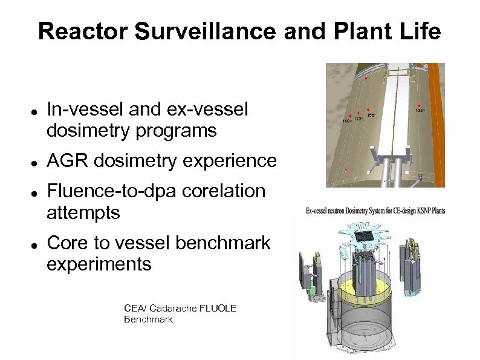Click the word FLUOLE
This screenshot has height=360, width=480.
point(216,309)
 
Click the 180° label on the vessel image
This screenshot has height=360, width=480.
point(347,122)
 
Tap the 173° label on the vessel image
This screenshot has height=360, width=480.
point(358,119)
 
